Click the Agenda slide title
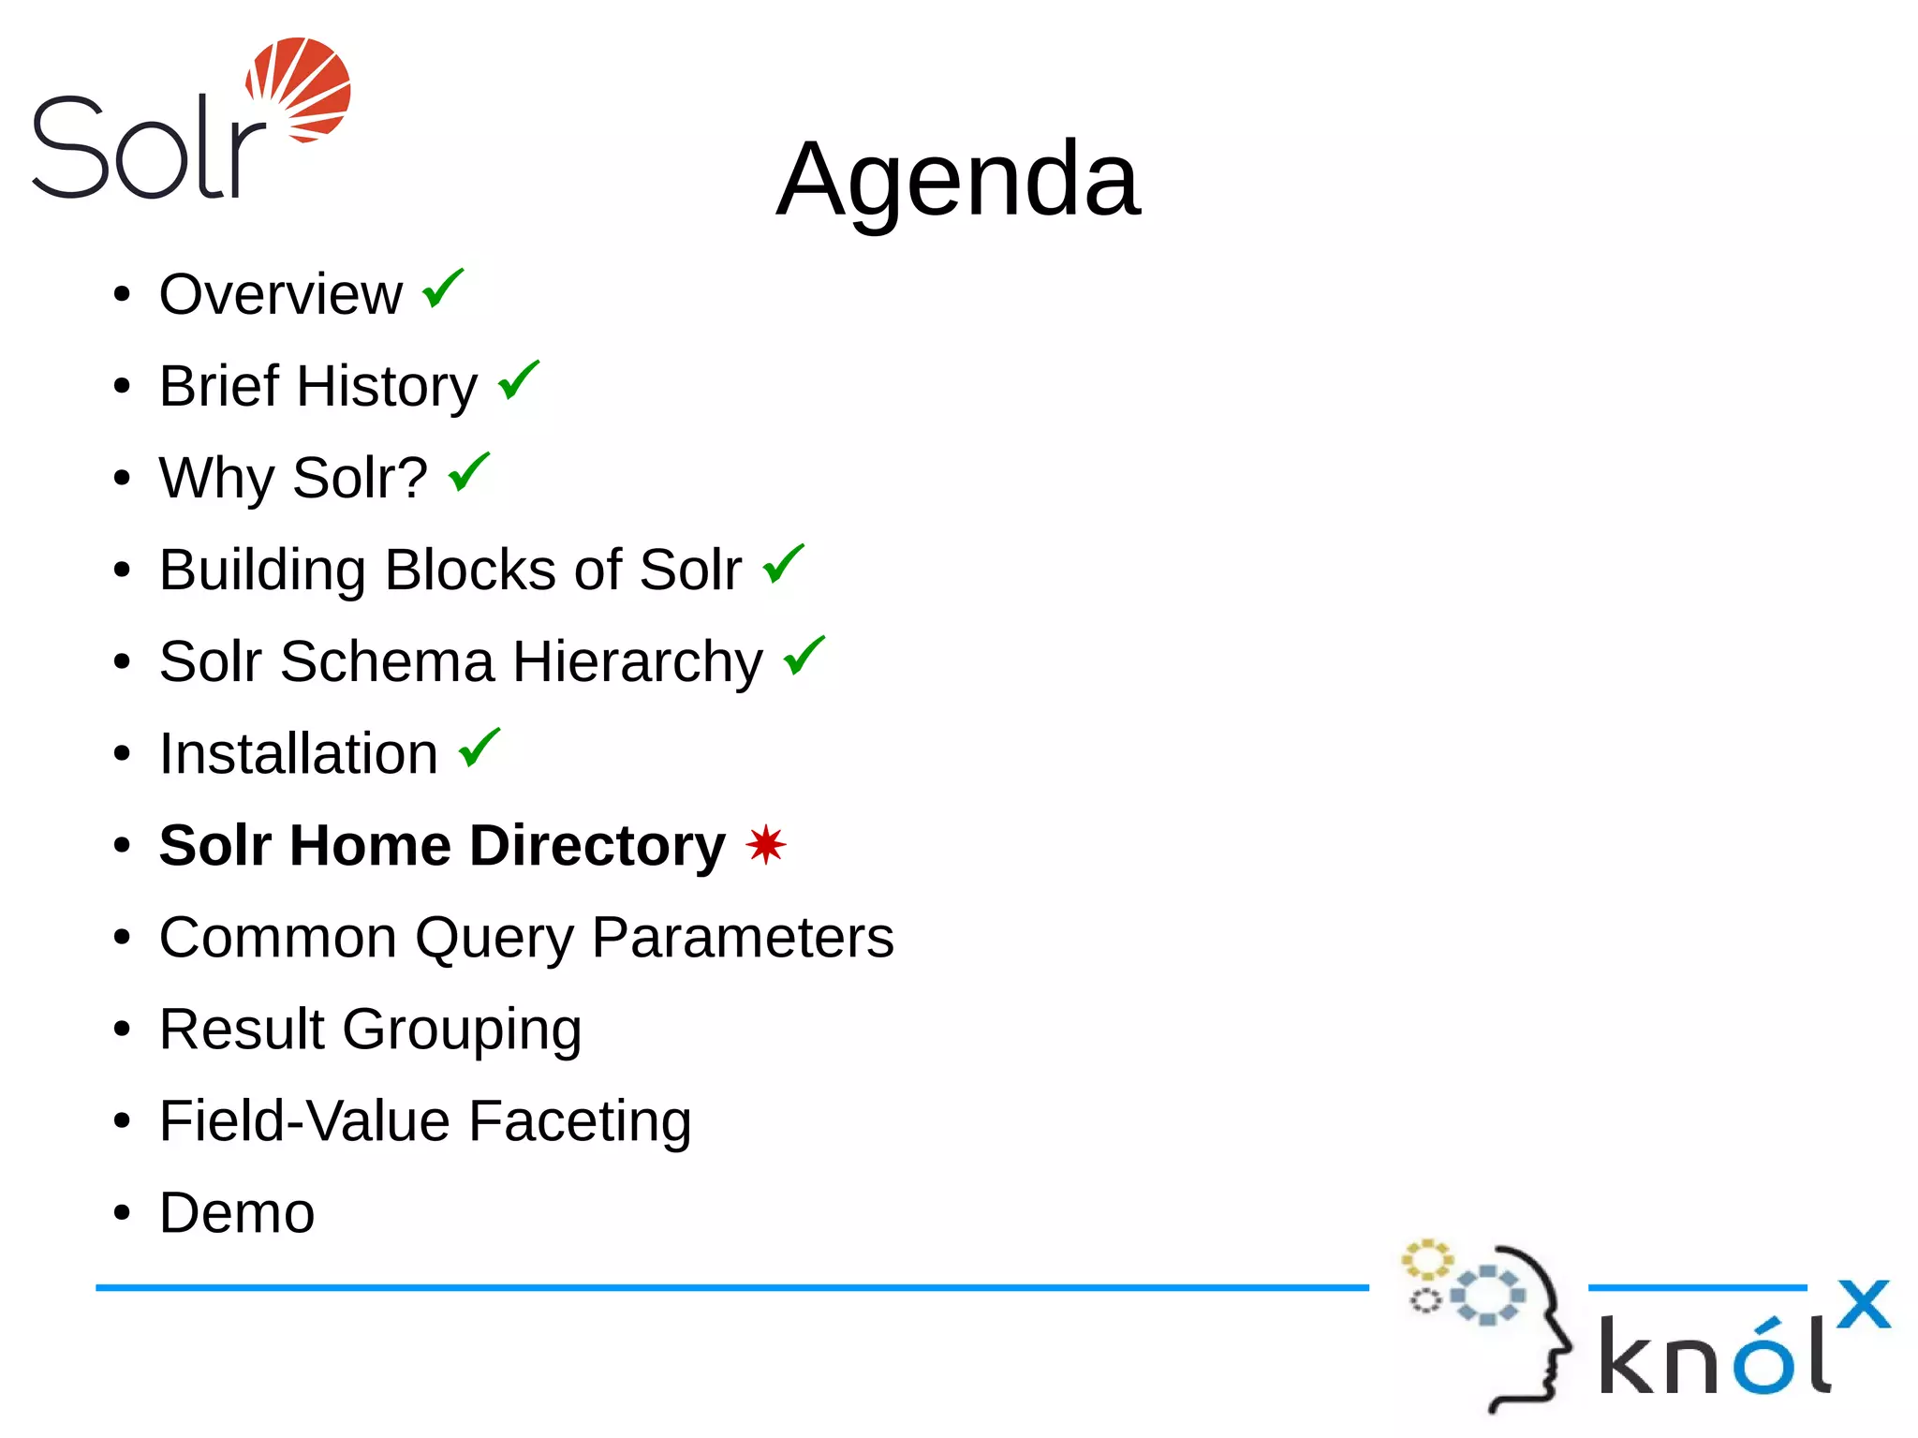pos(958,179)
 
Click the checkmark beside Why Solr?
pos(468,472)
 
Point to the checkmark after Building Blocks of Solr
pos(783,564)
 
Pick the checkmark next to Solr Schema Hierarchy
pos(804,656)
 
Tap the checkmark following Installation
pos(479,748)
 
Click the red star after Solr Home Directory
pos(766,844)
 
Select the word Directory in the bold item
pos(597,845)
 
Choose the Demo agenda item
pos(237,1213)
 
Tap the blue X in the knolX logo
pos(1863,1304)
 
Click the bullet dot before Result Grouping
pos(122,1029)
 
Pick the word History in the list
pos(387,387)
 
